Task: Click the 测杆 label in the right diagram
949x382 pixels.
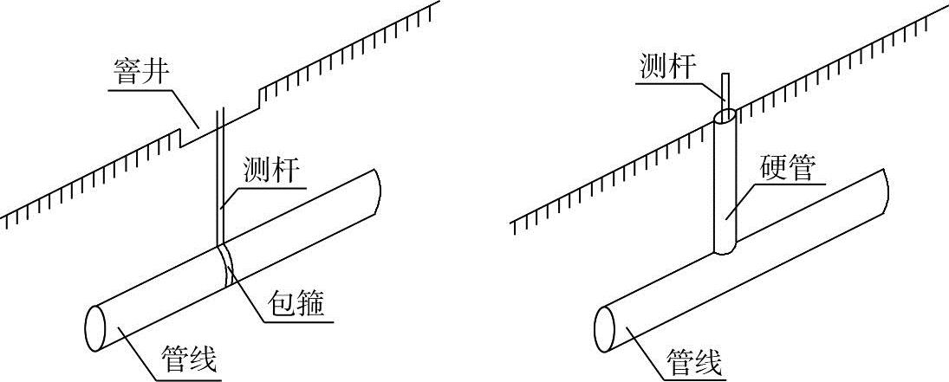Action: (666, 67)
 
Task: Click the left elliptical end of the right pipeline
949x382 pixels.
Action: (604, 325)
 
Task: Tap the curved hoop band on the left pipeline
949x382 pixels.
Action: (226, 264)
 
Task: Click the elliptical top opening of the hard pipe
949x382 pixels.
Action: (725, 115)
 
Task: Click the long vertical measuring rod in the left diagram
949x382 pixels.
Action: (220, 173)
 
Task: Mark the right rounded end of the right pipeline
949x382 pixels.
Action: (885, 185)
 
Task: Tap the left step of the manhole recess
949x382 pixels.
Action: (180, 138)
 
